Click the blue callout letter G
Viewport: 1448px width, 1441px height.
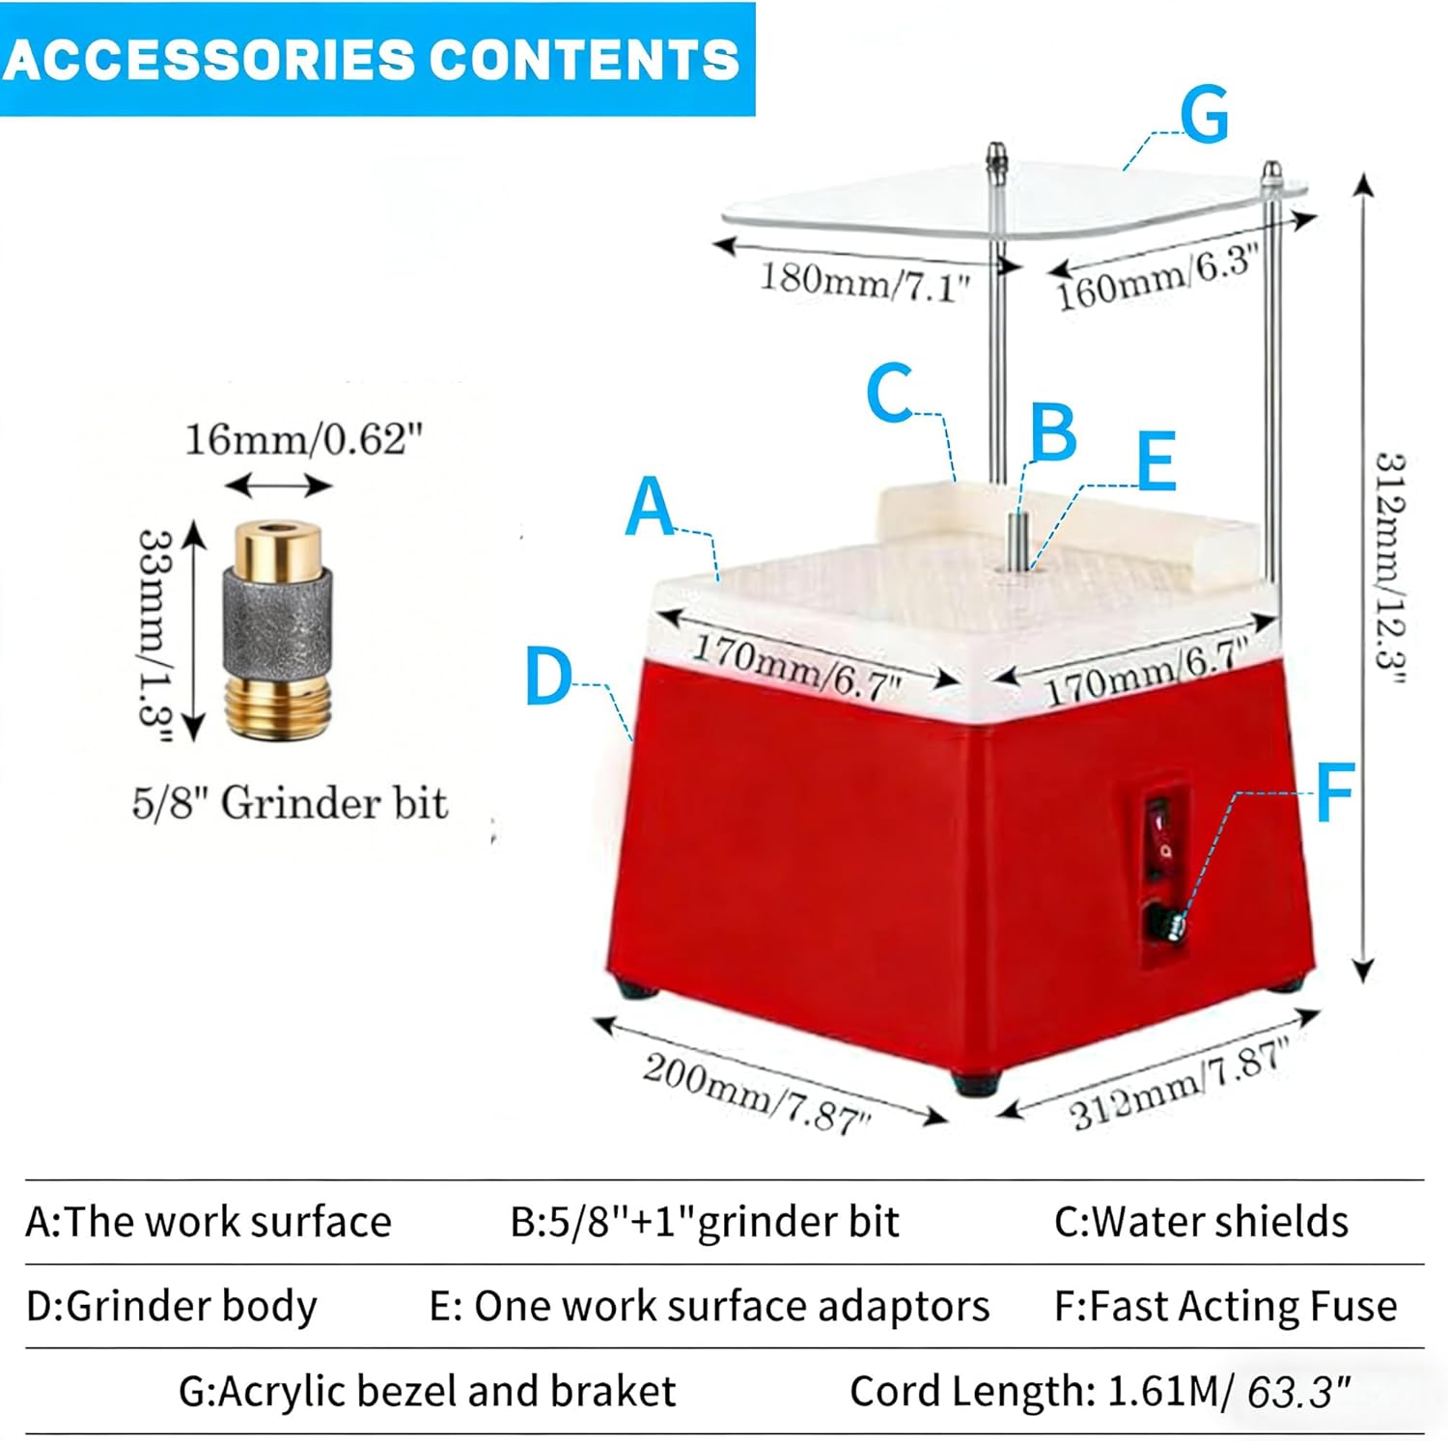[x=1205, y=115]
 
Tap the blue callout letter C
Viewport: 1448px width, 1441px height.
[x=889, y=393]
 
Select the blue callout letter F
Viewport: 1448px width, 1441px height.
[x=1336, y=791]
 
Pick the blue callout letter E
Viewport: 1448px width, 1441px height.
[x=1156, y=461]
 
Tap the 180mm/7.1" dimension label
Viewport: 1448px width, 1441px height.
[x=864, y=282]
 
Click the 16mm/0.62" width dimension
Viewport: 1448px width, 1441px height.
[x=303, y=439]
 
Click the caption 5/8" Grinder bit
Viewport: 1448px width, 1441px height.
[x=290, y=803]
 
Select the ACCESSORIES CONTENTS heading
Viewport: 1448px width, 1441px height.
[x=372, y=59]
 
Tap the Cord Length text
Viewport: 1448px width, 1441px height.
[x=1100, y=1391]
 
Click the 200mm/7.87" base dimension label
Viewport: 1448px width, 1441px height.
[x=757, y=1092]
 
